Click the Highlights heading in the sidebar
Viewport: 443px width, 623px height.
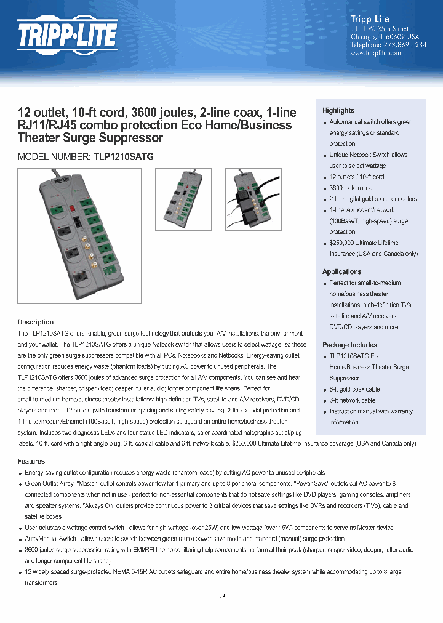338,110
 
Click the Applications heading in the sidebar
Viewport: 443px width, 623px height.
341,271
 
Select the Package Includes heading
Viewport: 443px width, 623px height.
349,345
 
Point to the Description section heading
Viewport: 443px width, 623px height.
35,322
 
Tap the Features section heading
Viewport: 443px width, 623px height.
31,461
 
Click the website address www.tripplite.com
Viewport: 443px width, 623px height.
375,53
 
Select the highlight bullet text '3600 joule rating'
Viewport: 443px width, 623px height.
351,188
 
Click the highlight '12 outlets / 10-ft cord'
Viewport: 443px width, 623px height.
357,177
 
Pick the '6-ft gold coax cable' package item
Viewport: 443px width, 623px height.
354,389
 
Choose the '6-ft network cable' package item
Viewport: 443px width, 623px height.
352,400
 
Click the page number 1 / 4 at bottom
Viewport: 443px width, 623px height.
221,595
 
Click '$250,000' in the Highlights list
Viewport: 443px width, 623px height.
343,243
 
